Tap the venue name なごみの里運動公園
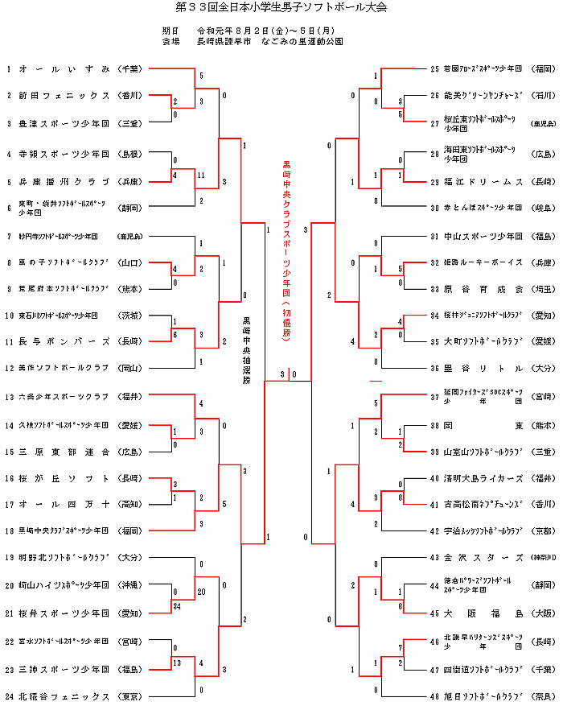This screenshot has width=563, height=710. click(x=301, y=41)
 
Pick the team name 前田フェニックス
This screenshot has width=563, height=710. click(x=64, y=96)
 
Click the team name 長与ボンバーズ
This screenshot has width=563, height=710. click(x=64, y=341)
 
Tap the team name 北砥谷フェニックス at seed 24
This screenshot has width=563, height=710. click(x=64, y=696)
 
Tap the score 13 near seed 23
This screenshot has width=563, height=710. click(x=175, y=662)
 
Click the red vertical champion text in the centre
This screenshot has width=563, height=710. click(x=286, y=250)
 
